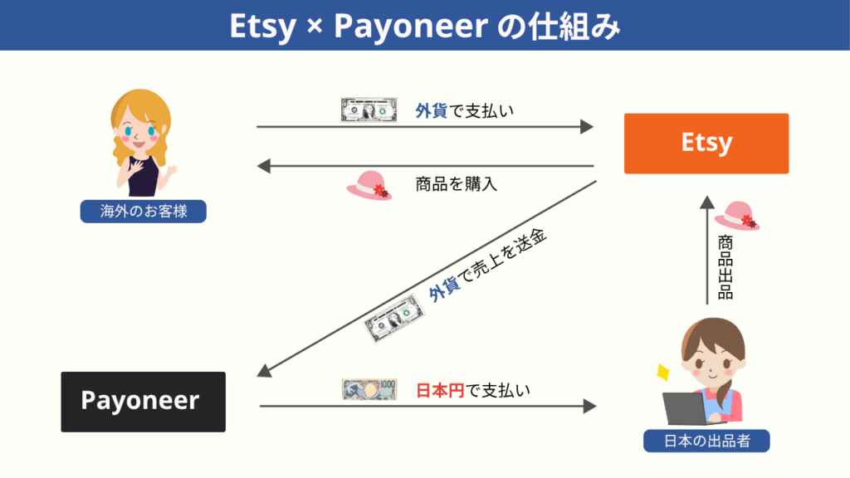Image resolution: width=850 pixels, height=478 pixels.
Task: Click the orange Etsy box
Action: point(706,144)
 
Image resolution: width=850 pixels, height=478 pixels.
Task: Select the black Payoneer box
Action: point(143,402)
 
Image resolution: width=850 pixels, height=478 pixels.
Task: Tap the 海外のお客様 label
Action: point(143,212)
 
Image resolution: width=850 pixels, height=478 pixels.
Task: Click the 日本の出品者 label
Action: point(706,441)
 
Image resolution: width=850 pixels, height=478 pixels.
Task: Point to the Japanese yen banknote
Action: point(369,389)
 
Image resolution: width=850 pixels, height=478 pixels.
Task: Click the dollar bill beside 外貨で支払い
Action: point(369,110)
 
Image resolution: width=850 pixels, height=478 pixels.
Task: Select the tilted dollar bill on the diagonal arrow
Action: point(394,318)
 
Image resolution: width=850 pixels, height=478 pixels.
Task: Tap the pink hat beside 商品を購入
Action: point(369,186)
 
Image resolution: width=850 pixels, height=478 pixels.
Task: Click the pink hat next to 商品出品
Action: point(737,216)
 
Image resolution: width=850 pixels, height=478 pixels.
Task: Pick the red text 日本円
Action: point(440,390)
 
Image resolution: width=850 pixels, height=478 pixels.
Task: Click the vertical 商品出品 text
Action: point(725,267)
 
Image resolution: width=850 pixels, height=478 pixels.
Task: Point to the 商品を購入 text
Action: point(456,184)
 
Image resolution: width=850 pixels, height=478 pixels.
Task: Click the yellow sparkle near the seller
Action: point(662,373)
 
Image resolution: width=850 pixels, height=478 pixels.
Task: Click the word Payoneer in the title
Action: point(411,26)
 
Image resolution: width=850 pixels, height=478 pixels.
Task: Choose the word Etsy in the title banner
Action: point(263,26)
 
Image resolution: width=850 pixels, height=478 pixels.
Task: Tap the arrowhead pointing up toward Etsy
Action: point(707,202)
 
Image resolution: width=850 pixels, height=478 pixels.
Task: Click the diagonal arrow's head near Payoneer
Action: point(264,371)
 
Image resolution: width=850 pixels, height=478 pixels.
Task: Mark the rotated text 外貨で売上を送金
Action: point(487,265)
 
